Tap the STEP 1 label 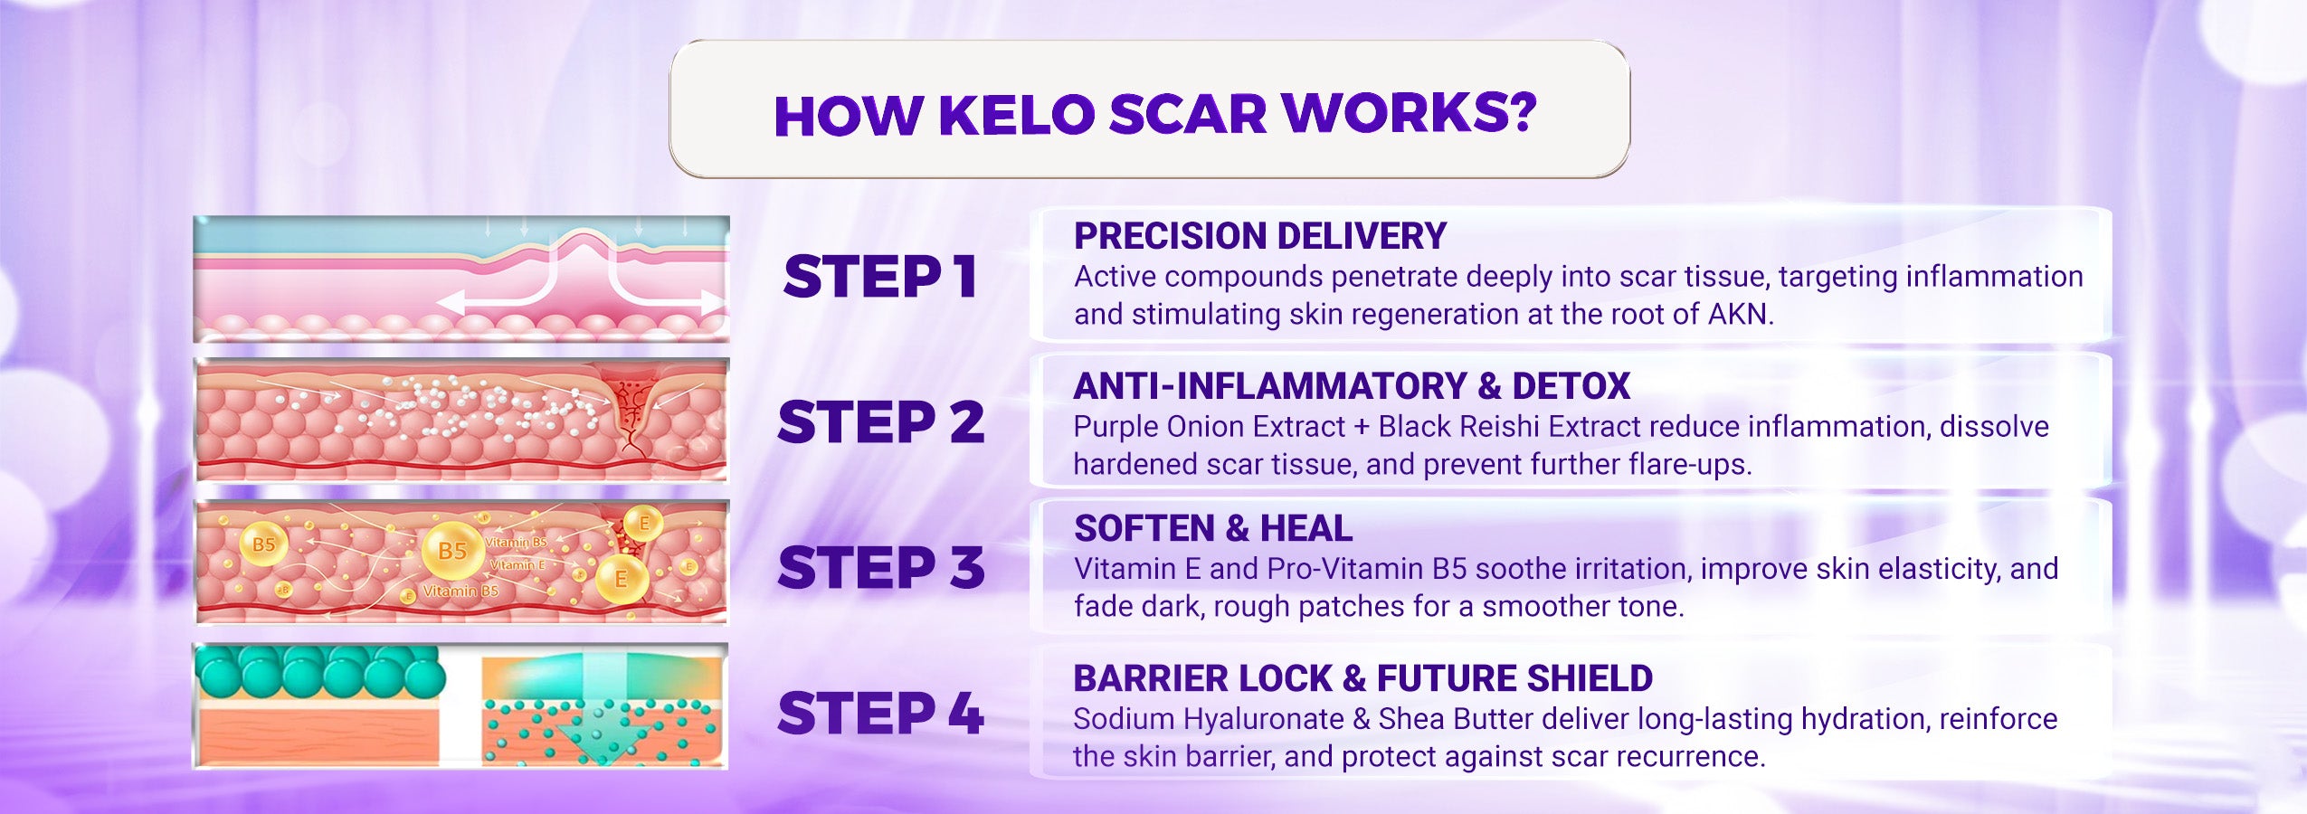[x=880, y=276]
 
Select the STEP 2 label [x=880, y=421]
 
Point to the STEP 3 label [x=880, y=567]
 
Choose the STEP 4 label [x=880, y=713]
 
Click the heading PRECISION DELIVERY [x=1260, y=236]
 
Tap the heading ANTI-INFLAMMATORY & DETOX [x=1352, y=386]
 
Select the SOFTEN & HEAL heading [x=1213, y=528]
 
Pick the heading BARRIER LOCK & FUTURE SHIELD [x=1362, y=678]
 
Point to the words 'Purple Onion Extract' [x=1210, y=426]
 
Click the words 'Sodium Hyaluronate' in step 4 [x=1209, y=719]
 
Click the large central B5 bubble [x=452, y=550]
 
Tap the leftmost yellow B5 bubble [x=263, y=544]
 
